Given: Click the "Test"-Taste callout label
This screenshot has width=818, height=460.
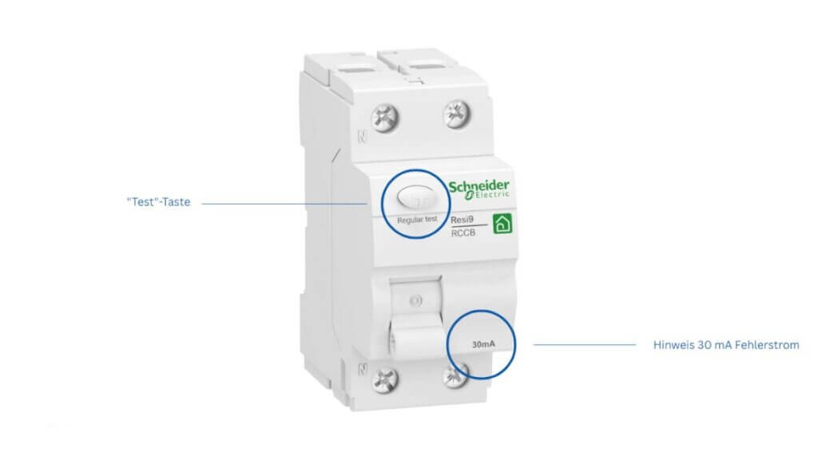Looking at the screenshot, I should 158,203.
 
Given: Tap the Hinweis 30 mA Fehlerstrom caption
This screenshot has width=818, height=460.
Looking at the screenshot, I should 725,345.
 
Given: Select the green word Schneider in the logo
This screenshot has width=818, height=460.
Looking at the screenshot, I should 478,187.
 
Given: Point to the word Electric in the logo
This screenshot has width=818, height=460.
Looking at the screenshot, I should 488,197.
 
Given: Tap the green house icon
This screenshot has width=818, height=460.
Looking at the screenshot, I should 502,224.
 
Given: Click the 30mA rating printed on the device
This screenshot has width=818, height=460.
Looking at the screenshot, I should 482,345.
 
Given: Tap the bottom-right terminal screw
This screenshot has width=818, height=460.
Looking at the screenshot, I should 458,375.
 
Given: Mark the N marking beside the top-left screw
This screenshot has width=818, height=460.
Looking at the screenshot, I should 362,137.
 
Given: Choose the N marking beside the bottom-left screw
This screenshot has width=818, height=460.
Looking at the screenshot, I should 361,371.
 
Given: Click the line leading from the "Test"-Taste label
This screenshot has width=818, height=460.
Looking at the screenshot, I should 284,203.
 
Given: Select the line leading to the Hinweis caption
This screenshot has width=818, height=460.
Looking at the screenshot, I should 584,345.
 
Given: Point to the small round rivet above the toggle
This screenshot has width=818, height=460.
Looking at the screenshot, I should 414,302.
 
